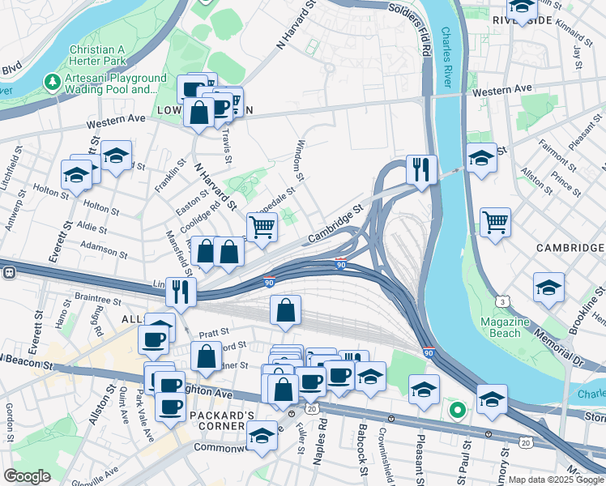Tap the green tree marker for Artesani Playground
click(x=52, y=83)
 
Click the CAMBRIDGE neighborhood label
click(x=570, y=245)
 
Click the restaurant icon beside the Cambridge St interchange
click(x=421, y=170)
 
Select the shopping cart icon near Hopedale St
click(x=262, y=227)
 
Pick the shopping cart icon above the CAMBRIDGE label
click(x=494, y=221)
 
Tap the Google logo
click(x=27, y=476)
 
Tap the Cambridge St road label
click(x=335, y=226)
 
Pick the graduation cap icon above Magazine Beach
click(x=548, y=288)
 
